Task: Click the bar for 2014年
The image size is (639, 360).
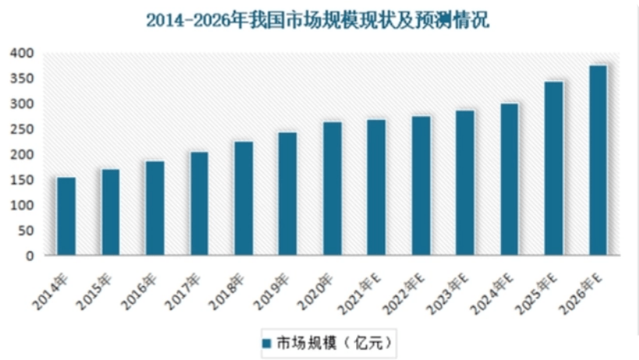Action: [66, 216]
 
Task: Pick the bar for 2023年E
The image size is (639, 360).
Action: [465, 182]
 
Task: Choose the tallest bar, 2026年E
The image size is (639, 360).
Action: [598, 160]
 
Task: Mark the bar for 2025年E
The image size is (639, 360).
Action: [554, 168]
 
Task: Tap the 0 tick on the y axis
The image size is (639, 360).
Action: [29, 256]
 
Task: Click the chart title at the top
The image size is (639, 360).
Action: [318, 20]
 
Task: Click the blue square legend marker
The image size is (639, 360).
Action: [266, 342]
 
